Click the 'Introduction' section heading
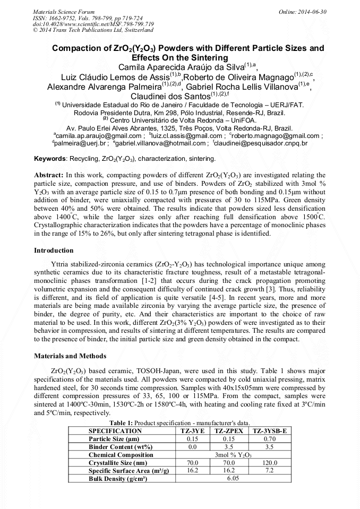point(54,250)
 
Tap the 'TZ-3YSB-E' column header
point(270,430)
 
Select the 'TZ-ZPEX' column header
point(229,430)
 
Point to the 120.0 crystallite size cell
point(270,463)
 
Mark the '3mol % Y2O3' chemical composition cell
point(233,455)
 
